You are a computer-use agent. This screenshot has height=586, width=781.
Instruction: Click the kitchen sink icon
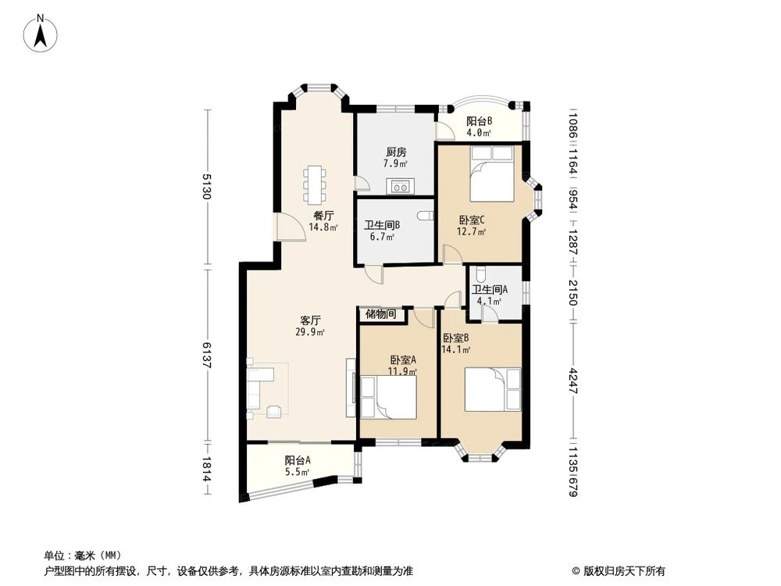[x=401, y=187]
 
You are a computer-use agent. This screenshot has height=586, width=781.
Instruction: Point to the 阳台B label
[x=479, y=127]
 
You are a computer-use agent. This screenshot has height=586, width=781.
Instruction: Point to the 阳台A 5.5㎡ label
[x=297, y=466]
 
